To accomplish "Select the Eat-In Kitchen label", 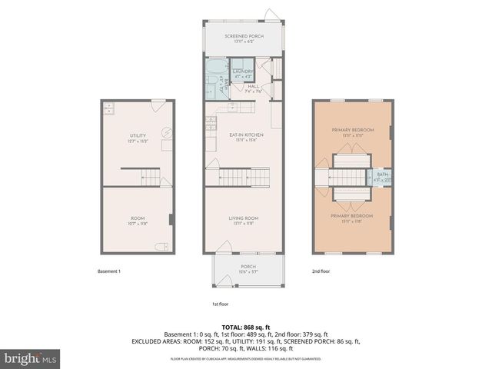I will coord(242,136).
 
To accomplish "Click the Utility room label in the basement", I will coord(138,138).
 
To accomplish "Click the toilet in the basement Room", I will coord(161,247).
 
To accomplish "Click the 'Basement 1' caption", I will coord(109,271).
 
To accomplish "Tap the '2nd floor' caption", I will coord(320,271).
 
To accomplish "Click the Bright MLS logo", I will coord(31,358).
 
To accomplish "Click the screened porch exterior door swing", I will coord(271,15).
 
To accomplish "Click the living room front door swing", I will coord(224,248).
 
